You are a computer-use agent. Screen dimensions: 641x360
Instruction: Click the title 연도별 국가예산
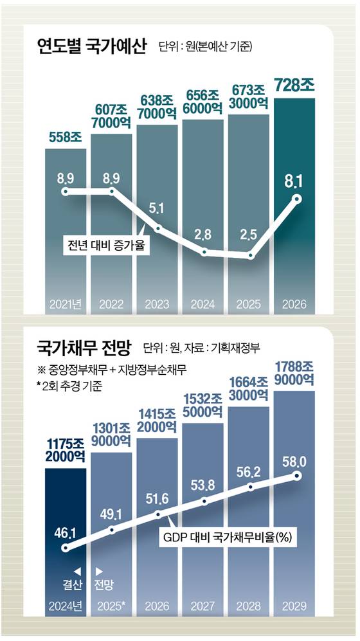(92, 46)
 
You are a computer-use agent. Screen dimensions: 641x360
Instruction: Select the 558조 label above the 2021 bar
(65, 137)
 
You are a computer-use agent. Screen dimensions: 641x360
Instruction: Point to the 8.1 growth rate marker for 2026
(296, 199)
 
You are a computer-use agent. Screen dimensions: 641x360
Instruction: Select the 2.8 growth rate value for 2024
(203, 233)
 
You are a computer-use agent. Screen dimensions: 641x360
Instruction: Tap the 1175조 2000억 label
(65, 448)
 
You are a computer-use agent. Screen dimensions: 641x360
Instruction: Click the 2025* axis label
(111, 606)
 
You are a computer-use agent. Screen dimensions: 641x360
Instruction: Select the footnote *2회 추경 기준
(73, 387)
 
